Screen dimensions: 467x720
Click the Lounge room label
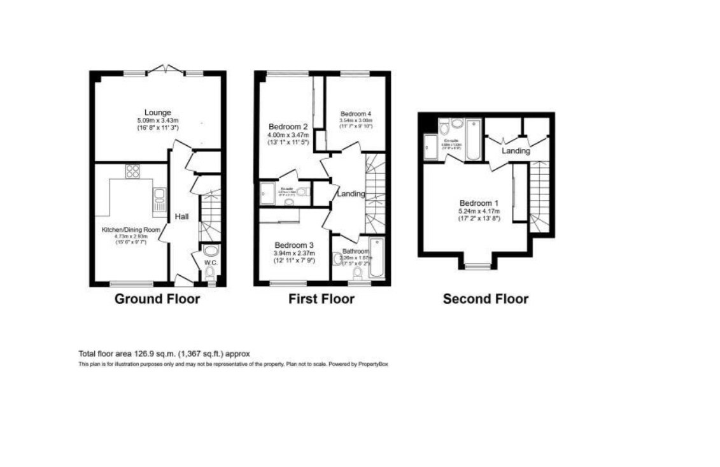tap(157, 112)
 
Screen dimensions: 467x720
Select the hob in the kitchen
tap(133, 170)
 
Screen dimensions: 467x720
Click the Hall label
tap(182, 217)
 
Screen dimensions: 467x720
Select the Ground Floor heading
tap(157, 299)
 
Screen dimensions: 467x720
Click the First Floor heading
tap(321, 299)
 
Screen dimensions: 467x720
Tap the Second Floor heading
tap(485, 299)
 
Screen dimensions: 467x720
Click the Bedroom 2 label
tap(288, 126)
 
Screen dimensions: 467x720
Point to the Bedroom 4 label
tap(355, 113)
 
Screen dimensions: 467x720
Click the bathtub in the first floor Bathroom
tap(376, 258)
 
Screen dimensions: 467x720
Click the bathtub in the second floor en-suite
tap(474, 140)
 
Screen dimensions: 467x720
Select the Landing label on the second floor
tap(516, 152)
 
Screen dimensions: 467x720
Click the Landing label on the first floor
tap(351, 194)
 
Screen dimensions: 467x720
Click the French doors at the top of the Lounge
tap(164, 69)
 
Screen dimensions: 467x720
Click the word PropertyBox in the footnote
tap(373, 364)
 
